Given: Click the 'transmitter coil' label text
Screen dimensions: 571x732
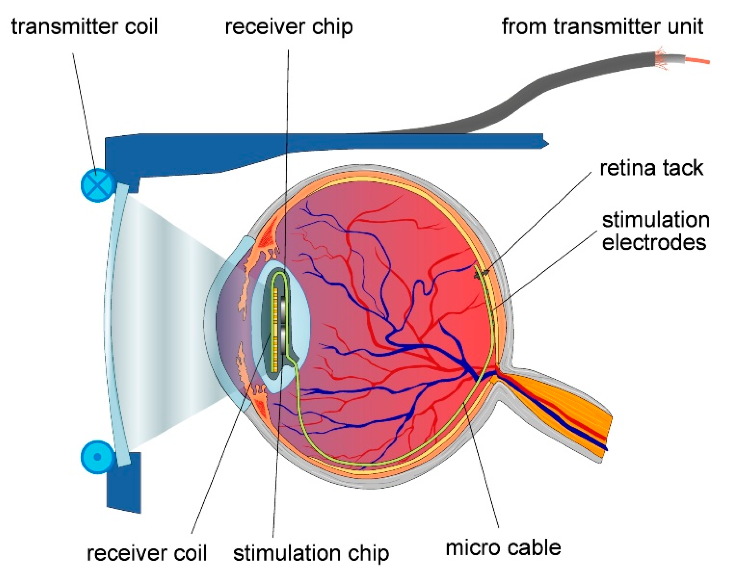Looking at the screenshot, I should point(84,27).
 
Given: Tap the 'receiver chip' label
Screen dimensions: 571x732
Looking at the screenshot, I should point(289,27).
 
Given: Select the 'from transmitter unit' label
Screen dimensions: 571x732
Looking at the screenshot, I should point(602,27).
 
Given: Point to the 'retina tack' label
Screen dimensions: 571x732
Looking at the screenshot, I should point(651,168).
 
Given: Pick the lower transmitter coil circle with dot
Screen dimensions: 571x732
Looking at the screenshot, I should point(98,457).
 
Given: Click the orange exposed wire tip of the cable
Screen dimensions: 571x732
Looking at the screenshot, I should point(697,61).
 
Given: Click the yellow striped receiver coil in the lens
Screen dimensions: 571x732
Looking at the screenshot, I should point(276,330).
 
